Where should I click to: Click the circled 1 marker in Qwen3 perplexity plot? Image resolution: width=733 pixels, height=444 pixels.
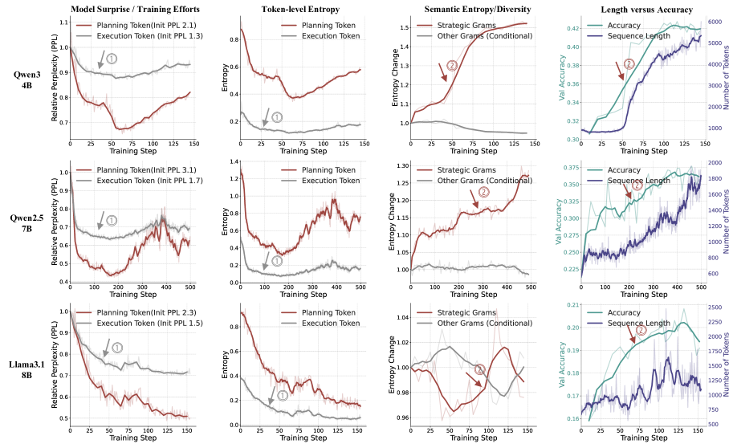point(112,58)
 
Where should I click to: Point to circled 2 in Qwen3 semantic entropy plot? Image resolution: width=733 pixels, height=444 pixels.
point(452,64)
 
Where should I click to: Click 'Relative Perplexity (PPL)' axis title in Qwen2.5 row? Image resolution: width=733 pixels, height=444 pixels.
point(55,223)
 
